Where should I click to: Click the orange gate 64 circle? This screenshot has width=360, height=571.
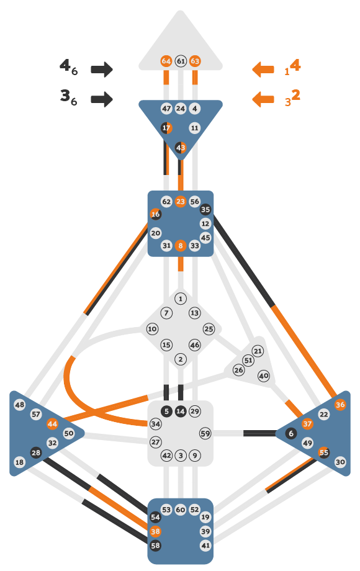pos(166,61)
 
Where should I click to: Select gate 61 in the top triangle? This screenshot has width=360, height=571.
pos(181,61)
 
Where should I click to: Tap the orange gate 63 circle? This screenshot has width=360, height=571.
pos(195,61)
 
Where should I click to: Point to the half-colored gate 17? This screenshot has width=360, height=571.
pos(166,128)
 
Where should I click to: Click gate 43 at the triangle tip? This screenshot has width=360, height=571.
pos(181,148)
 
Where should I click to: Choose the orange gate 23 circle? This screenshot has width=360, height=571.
pos(181,201)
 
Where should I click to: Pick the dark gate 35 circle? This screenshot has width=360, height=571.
pos(205,209)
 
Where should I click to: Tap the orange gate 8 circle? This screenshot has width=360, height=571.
pos(181,245)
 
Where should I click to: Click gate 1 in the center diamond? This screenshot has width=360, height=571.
pos(181,299)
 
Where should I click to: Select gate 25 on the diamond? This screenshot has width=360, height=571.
pos(209,329)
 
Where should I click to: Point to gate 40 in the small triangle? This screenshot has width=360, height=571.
pos(264,375)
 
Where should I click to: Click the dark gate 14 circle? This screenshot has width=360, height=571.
pos(181,411)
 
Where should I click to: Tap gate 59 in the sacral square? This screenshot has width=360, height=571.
pos(205,433)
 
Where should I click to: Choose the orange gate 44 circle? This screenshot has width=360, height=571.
pos(52,424)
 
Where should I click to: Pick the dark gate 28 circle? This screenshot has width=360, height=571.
pos(35,452)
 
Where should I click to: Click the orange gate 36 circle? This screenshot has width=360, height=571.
pos(340,405)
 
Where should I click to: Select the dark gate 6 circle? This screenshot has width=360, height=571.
pos(291,433)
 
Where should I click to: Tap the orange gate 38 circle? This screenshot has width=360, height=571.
pos(155,531)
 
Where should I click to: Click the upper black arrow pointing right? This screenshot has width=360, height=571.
pos(102,69)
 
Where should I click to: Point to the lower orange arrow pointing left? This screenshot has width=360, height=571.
pos(263,99)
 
